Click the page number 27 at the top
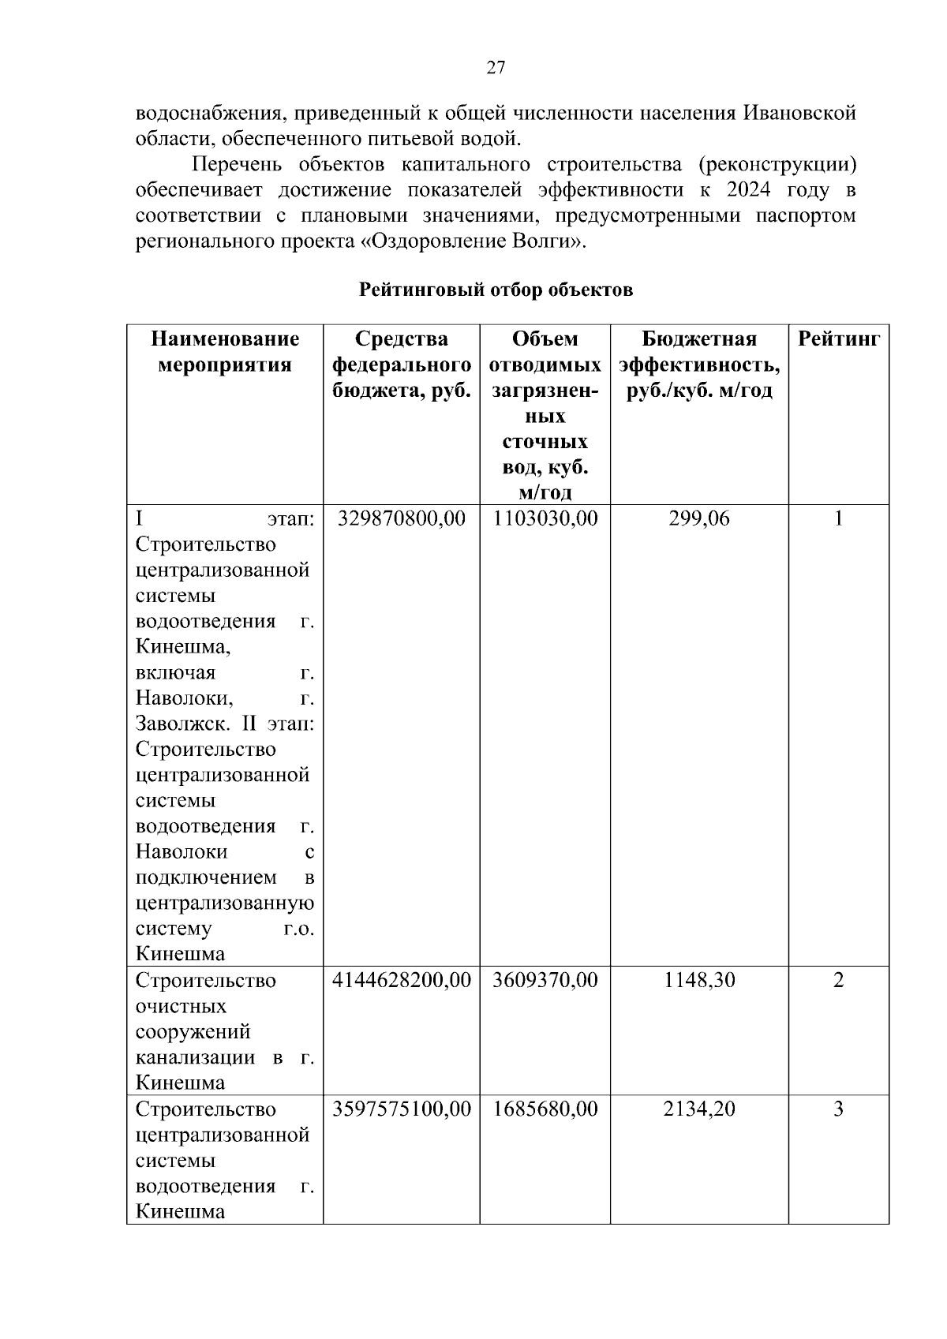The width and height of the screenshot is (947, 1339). click(x=496, y=68)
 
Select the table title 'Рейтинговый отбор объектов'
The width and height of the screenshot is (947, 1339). click(x=496, y=290)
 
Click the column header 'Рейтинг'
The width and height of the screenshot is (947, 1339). click(x=838, y=339)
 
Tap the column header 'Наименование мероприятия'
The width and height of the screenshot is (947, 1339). click(x=225, y=352)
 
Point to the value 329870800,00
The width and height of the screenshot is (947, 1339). click(x=401, y=518)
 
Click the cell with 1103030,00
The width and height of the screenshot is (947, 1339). click(x=545, y=518)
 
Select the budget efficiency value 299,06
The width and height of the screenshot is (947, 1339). click(x=698, y=518)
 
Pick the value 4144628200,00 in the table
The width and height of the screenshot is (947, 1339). click(x=401, y=980)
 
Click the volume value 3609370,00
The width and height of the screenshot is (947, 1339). click(x=545, y=980)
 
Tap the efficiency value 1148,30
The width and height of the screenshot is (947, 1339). click(x=698, y=980)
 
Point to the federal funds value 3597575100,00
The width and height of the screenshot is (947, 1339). click(x=401, y=1109)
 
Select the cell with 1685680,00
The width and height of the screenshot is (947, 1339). click(x=545, y=1109)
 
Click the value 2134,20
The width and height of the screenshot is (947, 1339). click(x=698, y=1109)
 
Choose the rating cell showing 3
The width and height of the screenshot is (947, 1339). click(x=838, y=1109)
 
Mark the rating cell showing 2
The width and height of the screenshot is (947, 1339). click(x=838, y=980)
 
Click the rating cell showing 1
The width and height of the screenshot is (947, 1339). click(x=838, y=518)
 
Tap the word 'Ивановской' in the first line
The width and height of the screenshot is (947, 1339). click(x=799, y=113)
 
